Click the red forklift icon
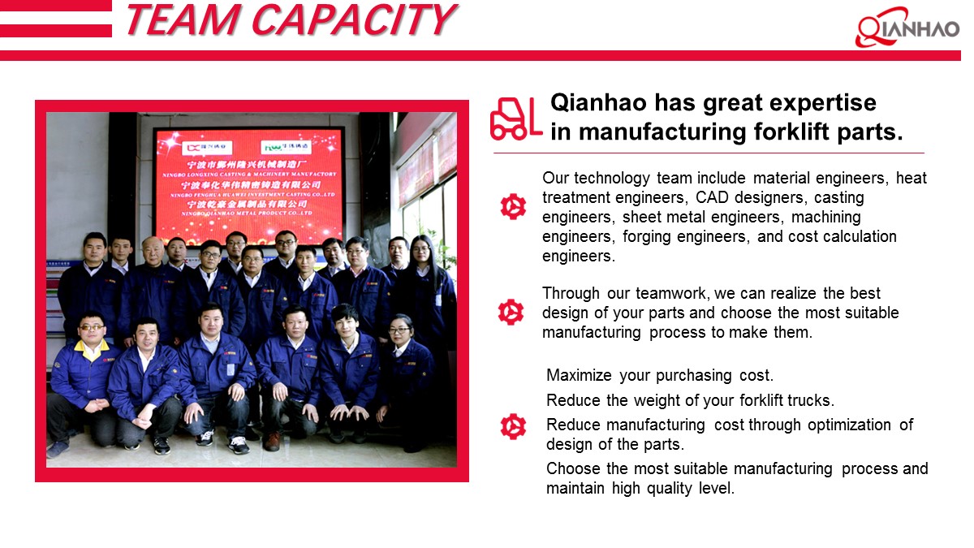[515, 119]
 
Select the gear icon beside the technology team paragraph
[512, 207]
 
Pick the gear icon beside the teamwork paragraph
[512, 312]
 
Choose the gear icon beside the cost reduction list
[512, 426]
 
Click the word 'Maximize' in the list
[579, 376]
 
